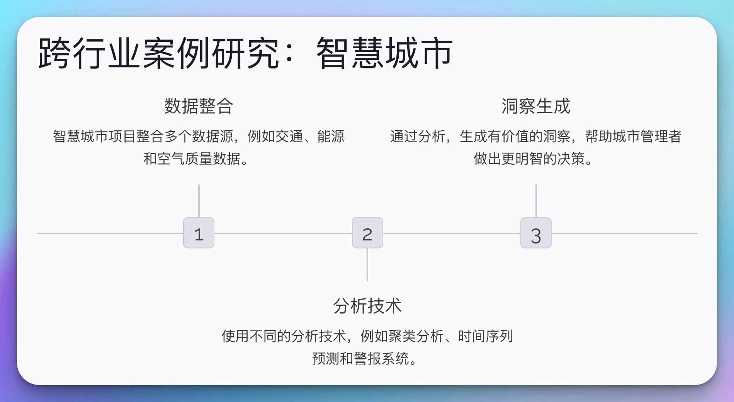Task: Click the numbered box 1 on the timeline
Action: (x=199, y=233)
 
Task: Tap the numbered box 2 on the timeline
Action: (x=367, y=233)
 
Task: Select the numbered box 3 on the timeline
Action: (x=536, y=233)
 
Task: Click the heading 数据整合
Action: (x=199, y=106)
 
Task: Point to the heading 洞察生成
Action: (x=536, y=106)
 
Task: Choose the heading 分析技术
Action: (x=367, y=306)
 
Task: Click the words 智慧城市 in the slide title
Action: (x=384, y=53)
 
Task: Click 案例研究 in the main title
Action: (x=211, y=53)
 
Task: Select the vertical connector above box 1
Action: (x=199, y=201)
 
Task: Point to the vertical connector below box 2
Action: (x=367, y=265)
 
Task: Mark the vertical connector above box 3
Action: (x=536, y=201)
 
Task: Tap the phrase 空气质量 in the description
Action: (x=185, y=159)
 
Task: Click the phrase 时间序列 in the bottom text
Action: (x=486, y=336)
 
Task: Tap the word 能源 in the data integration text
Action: (x=331, y=136)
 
